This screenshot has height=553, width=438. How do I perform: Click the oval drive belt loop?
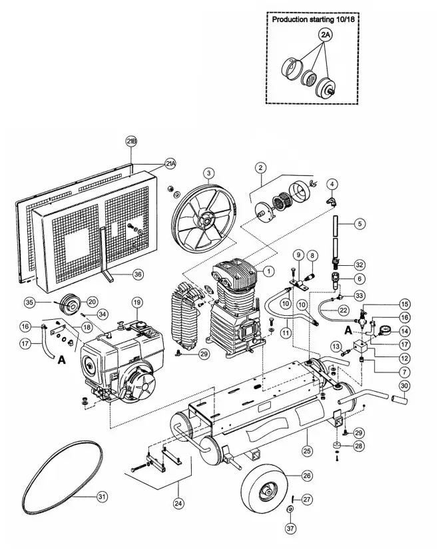point(63,474)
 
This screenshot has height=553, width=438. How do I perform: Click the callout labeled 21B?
point(131,141)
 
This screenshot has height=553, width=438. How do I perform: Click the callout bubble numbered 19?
point(136,303)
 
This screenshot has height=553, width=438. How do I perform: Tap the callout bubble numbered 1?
point(268,271)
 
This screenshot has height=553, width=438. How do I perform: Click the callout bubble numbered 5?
point(359,224)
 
